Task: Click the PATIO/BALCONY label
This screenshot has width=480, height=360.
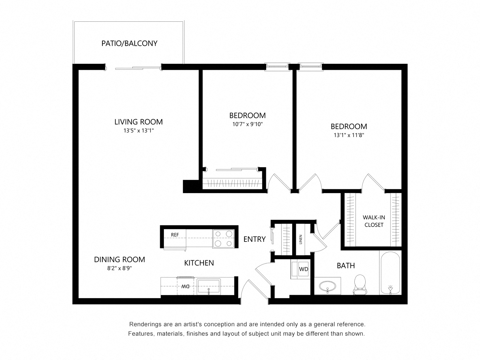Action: coord(129,43)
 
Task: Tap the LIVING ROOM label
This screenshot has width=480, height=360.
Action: coord(138,122)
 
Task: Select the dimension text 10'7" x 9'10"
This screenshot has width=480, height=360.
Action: coord(247,124)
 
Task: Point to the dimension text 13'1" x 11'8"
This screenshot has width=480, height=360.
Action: coord(348,135)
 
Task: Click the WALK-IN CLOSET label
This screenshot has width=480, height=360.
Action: coord(373,221)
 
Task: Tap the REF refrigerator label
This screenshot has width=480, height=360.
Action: coord(175,235)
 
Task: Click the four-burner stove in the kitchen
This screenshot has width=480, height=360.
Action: coord(223,238)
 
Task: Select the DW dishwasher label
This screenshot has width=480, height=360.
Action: coord(185,286)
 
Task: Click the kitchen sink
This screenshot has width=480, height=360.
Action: coord(208,287)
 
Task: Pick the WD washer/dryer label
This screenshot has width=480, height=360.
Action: coord(303,269)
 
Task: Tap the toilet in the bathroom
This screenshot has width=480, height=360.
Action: coord(360,285)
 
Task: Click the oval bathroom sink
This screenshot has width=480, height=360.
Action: coord(327,287)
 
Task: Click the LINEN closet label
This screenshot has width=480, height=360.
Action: coord(301,240)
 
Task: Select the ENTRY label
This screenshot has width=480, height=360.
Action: coord(254,239)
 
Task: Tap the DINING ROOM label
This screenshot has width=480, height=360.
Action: coord(119,259)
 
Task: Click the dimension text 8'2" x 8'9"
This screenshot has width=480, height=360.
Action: coord(119,268)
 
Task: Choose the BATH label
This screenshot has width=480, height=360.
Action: coord(345,266)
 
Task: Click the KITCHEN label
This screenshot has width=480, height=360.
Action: coord(199,263)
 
